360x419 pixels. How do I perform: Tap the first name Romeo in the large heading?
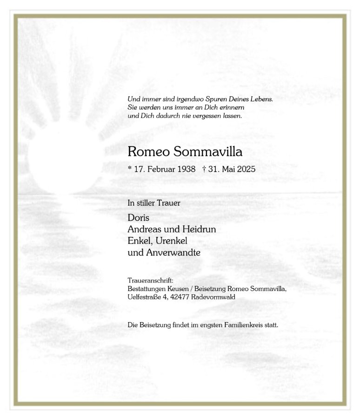147,151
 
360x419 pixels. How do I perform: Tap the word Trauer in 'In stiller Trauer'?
169,203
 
